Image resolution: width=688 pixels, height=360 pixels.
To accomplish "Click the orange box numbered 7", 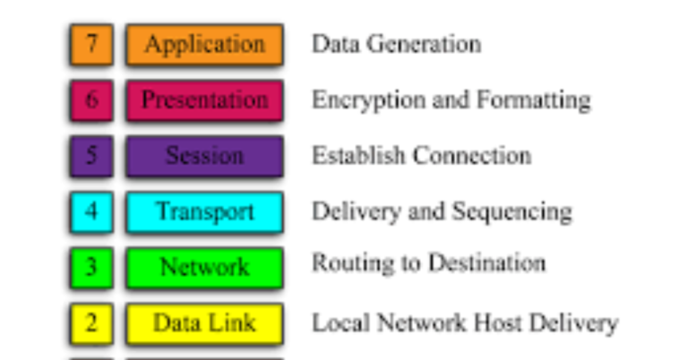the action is point(91,45).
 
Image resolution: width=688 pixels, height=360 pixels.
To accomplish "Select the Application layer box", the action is point(204,45).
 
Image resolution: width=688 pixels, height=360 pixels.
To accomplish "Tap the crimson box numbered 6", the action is point(91,100).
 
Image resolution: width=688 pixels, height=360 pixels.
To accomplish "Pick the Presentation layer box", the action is point(204,100).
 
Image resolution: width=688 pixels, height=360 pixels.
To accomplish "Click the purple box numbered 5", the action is point(91,156).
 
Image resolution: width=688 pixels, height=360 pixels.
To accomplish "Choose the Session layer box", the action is point(204,156).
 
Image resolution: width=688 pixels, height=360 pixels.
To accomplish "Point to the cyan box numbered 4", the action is point(91,211).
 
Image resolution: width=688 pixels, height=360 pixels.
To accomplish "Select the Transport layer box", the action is point(204,211).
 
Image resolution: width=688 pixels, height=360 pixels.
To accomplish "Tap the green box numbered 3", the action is point(91,268).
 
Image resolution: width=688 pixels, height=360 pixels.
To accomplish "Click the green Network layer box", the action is point(204,268).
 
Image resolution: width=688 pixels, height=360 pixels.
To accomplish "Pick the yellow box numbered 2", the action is point(91,323).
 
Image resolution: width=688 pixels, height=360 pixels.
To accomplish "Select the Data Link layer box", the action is point(204,323).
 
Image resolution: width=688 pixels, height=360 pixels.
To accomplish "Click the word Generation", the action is point(424,44).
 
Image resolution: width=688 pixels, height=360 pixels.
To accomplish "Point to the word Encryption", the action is point(368,101).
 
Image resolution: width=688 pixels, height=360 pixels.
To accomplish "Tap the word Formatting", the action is point(534,101).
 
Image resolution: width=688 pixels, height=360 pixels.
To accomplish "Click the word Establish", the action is point(358,155).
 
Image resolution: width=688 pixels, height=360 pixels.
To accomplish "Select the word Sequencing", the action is point(512,212).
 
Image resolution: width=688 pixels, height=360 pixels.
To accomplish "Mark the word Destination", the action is point(487,263).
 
